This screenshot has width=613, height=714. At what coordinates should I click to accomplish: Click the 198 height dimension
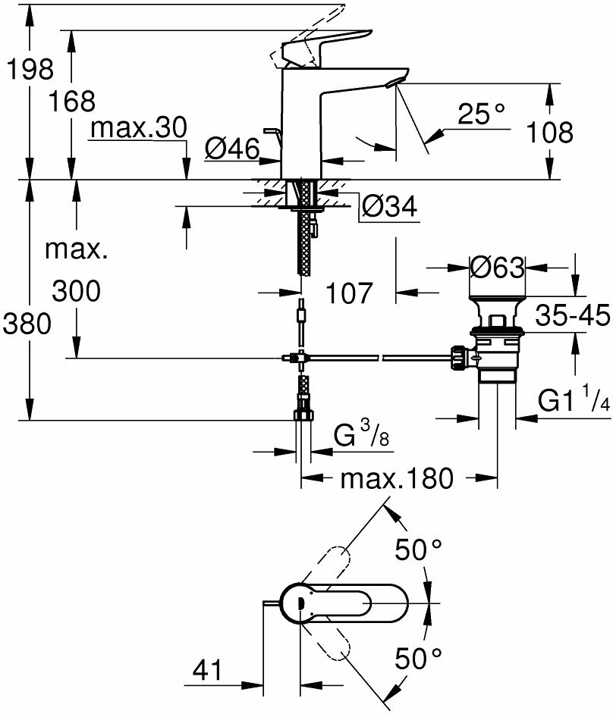click(29, 70)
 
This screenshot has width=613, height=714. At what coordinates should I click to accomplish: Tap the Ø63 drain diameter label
click(497, 268)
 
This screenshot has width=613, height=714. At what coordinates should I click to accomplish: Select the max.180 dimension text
click(396, 478)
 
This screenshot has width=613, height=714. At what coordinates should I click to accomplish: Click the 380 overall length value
click(27, 324)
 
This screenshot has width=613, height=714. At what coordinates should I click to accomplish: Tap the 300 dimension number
click(76, 290)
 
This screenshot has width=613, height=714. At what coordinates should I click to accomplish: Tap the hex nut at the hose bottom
click(302, 415)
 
